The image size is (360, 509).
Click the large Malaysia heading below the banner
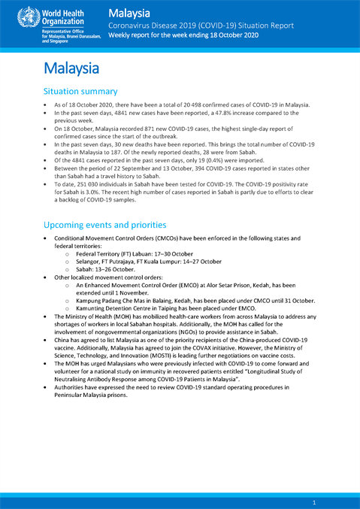pos(73,69)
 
